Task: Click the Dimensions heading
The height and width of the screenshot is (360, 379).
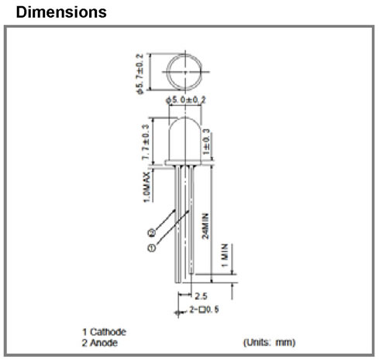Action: click(x=61, y=12)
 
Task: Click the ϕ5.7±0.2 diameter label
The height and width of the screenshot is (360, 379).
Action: click(x=140, y=74)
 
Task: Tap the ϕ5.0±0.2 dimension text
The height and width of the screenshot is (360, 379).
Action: click(x=186, y=100)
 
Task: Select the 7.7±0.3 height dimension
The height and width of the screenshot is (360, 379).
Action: click(x=146, y=142)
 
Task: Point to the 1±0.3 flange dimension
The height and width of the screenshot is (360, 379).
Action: click(x=206, y=142)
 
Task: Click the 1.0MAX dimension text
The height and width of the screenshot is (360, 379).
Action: click(x=146, y=187)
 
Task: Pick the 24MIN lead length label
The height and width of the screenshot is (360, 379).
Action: click(x=205, y=226)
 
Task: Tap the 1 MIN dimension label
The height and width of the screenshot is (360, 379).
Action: click(x=225, y=255)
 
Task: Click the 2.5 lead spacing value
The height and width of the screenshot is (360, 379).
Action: click(x=201, y=296)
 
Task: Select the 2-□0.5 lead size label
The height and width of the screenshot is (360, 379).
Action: click(x=204, y=309)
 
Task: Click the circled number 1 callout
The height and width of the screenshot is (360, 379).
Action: click(x=152, y=248)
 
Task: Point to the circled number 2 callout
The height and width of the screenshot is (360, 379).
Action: click(x=152, y=233)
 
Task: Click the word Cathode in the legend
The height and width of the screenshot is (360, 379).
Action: click(x=108, y=332)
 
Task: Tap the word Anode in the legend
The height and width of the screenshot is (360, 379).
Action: click(x=104, y=343)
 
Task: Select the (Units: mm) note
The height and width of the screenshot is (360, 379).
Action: click(x=269, y=342)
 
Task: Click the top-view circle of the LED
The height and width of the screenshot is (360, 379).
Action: click(x=167, y=72)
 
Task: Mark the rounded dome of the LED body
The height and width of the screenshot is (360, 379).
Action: click(x=184, y=119)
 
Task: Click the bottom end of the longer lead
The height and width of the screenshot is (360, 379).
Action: click(x=178, y=283)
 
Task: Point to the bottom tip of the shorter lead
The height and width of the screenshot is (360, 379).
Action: click(x=191, y=273)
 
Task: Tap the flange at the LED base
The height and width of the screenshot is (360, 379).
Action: click(x=183, y=163)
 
